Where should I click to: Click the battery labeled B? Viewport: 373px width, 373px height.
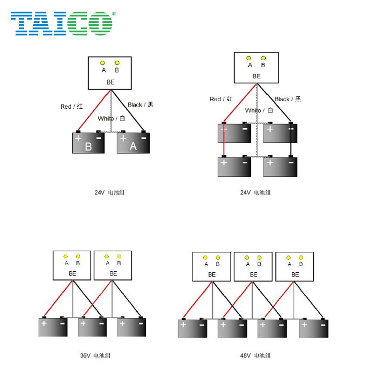[x=88, y=144]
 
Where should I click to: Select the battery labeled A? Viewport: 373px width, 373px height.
[x=133, y=144]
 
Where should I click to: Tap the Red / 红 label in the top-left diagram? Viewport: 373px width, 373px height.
[x=72, y=107]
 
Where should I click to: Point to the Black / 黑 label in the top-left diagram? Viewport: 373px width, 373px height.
[x=140, y=105]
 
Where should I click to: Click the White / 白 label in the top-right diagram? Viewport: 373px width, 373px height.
[x=259, y=111]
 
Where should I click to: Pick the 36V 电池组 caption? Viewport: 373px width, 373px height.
[x=95, y=356]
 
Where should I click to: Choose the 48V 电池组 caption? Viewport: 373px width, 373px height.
[x=255, y=356]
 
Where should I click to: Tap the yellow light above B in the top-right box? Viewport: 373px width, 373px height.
[x=263, y=58]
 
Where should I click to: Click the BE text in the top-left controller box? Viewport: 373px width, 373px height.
[x=111, y=82]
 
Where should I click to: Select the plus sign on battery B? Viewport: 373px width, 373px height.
[x=78, y=138]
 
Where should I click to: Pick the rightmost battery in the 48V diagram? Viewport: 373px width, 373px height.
[x=312, y=328]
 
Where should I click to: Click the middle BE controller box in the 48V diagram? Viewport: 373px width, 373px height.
[x=253, y=267]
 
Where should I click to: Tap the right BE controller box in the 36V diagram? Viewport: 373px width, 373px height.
[x=113, y=265]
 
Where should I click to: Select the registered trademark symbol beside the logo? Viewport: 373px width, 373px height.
[x=114, y=14]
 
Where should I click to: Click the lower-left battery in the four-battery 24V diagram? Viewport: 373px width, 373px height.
[x=235, y=167]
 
